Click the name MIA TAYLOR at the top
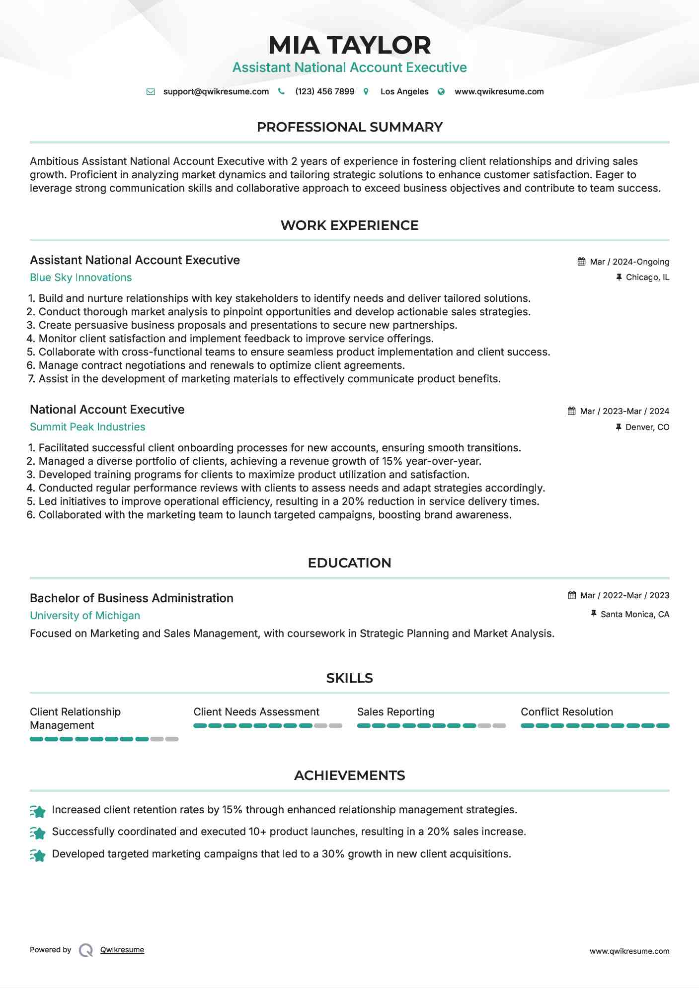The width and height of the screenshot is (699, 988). pos(349,45)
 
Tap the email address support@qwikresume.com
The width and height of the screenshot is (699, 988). pos(216,92)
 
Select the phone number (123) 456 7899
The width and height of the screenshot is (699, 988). pos(324,92)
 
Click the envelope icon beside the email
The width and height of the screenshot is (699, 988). pos(151,92)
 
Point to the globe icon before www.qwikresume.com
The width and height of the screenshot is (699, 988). pos(441,92)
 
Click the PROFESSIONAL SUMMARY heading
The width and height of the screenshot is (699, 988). pos(349,127)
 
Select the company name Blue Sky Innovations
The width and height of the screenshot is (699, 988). pos(80,278)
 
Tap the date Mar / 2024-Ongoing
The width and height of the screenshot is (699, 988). pos(629,262)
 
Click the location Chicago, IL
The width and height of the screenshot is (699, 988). pos(647,278)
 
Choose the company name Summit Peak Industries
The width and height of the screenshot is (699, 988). pos(87,427)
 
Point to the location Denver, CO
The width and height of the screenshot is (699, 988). pos(647,427)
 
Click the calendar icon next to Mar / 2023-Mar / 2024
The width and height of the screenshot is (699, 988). pos(572,411)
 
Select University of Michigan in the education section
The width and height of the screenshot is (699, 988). pos(85,616)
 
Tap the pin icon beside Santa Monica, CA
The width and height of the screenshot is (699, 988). pos(593,614)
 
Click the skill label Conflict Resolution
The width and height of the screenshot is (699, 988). pos(567,712)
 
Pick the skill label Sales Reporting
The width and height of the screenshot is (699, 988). pos(395,712)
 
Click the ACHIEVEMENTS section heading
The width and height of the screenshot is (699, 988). pos(349,776)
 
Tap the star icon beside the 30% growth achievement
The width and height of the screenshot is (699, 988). pos(38,855)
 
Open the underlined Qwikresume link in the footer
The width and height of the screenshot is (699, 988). pos(122,950)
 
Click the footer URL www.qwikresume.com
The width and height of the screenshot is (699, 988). pos(629,951)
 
